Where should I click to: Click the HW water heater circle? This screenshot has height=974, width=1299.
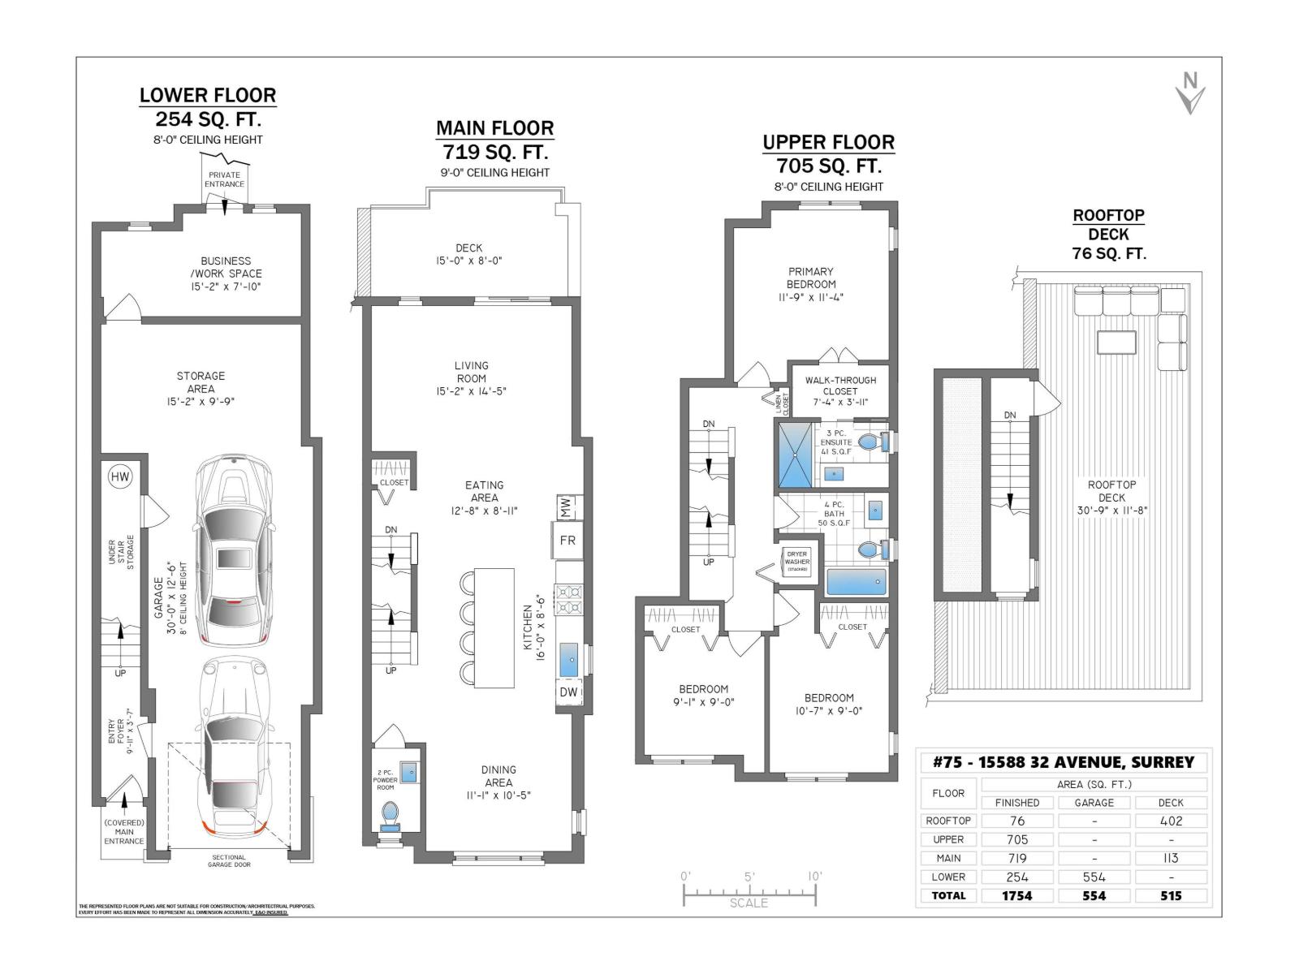(119, 476)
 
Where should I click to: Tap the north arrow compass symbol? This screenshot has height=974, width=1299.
(1190, 93)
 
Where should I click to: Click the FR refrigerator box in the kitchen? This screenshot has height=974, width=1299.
(567, 541)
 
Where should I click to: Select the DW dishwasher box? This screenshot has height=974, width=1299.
(568, 692)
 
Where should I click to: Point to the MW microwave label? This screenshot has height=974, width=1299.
(566, 507)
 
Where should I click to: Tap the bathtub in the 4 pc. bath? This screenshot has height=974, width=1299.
(857, 582)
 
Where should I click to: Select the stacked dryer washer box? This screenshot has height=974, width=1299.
(796, 561)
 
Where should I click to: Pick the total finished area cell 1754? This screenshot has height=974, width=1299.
(1016, 895)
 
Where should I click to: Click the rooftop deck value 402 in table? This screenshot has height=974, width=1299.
(1171, 821)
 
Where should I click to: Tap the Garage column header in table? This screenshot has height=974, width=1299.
(1094, 802)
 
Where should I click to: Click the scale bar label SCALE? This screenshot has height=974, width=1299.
(748, 903)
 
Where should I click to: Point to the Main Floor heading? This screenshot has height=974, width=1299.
(494, 128)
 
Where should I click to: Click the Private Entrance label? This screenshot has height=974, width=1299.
(224, 179)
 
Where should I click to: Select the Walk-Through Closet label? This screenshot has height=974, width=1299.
(839, 386)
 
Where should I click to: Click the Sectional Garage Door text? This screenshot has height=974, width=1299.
(229, 860)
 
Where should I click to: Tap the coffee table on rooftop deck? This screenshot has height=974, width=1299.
(1116, 342)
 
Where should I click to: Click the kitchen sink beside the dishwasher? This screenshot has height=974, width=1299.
(569, 659)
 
